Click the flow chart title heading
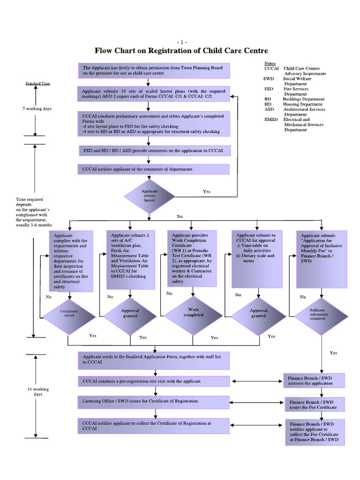click(x=181, y=50)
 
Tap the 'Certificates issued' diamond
click(x=69, y=313)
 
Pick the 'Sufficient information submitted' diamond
click(x=321, y=313)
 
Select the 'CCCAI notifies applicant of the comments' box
click(x=154, y=169)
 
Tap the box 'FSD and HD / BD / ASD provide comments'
click(x=154, y=150)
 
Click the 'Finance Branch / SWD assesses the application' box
click(x=314, y=380)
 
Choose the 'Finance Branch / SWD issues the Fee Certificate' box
click(x=314, y=405)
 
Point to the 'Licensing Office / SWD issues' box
click(x=154, y=402)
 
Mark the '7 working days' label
click(x=37, y=109)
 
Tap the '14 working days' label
click(x=37, y=392)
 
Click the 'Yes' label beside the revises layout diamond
click(x=207, y=191)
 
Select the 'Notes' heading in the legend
click(x=270, y=63)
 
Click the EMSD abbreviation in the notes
click(x=271, y=120)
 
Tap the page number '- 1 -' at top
click(x=181, y=42)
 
